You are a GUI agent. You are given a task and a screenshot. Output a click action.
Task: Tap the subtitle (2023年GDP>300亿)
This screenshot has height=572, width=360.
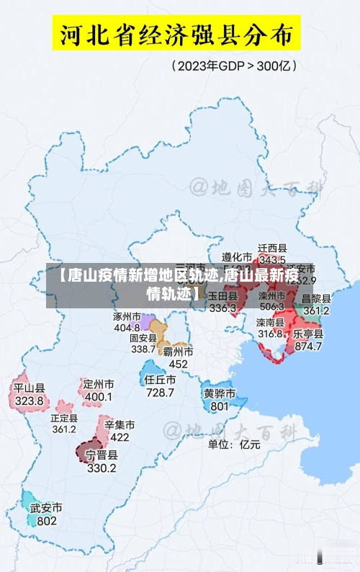click(x=235, y=66)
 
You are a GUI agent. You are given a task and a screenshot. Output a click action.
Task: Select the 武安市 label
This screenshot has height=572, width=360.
click(x=46, y=508)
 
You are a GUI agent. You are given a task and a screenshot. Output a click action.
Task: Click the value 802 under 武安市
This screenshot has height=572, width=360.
click(x=47, y=521)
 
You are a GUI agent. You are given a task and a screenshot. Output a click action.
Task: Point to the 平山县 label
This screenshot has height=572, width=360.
click(x=30, y=388)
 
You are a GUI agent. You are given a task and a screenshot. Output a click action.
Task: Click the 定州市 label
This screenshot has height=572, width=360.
click(x=99, y=384)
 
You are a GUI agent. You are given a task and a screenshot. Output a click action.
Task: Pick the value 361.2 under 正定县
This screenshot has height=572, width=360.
click(x=64, y=429)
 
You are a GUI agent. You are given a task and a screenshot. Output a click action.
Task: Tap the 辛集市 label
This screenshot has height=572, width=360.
click(x=120, y=424)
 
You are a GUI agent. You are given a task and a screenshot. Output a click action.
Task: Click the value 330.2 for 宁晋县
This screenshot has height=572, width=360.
click(x=102, y=468)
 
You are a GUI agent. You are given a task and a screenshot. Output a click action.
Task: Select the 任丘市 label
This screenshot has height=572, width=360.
click(x=160, y=380)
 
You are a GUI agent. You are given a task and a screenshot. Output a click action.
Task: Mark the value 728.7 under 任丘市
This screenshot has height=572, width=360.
click(x=160, y=393)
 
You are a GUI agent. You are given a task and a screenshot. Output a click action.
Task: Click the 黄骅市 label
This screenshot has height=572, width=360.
click(x=219, y=393)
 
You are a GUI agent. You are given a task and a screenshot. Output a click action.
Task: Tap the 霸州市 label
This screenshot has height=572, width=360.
click(x=177, y=352)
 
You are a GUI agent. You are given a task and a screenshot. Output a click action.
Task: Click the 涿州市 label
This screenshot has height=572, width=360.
click(x=127, y=316)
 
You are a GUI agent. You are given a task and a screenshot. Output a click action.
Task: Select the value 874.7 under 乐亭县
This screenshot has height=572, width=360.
click(x=308, y=346)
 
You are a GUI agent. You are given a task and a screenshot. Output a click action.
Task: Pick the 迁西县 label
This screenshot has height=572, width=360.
click(x=273, y=247)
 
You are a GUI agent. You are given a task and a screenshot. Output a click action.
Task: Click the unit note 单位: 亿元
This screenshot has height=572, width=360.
click(x=234, y=444)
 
